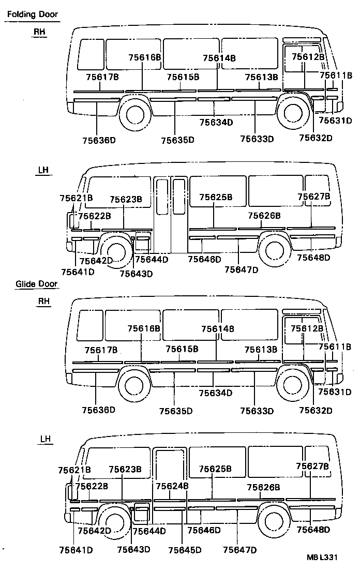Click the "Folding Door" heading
[32, 15]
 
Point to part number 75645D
[185, 550]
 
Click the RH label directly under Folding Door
[40, 32]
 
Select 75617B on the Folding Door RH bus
[102, 77]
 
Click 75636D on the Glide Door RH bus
[98, 410]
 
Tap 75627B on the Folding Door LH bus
[313, 197]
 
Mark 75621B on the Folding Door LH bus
[76, 198]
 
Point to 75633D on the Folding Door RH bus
[257, 139]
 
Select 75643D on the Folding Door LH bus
[136, 274]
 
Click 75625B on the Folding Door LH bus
[216, 197]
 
